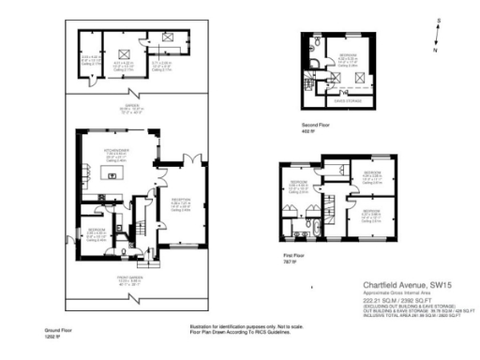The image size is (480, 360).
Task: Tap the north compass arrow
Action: [435, 31]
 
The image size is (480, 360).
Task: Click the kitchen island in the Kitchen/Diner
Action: [106, 174]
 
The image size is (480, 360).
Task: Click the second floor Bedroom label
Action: [350, 58]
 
